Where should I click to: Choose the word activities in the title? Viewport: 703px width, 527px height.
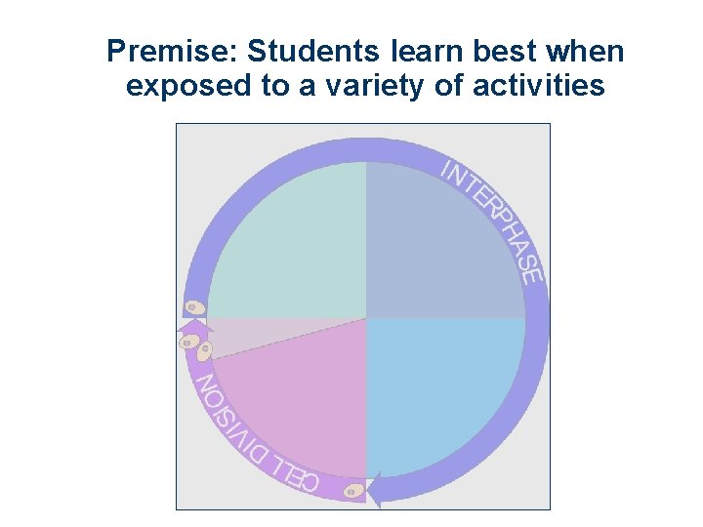[x=539, y=87]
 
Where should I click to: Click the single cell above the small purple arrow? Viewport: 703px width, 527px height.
[x=196, y=306]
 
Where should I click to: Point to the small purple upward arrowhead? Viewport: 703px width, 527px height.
[x=185, y=337]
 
